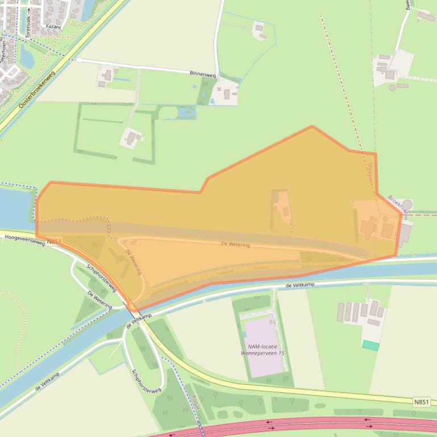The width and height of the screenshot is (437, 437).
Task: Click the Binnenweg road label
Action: tap(203, 73)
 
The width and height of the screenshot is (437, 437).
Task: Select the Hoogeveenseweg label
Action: tap(23, 239)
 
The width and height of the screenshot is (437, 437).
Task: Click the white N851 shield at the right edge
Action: tap(421, 402)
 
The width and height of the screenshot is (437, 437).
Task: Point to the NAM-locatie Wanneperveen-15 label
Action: tap(263, 350)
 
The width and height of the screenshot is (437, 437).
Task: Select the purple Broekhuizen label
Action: tap(398, 208)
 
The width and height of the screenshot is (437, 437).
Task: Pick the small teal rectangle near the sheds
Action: tap(371, 345)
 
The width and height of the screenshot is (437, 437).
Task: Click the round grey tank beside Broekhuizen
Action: tap(407, 204)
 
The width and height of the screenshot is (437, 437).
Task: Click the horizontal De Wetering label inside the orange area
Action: tap(235, 244)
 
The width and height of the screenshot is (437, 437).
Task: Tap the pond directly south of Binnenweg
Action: tap(185, 114)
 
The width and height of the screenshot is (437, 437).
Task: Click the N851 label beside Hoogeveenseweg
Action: tap(55, 241)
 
